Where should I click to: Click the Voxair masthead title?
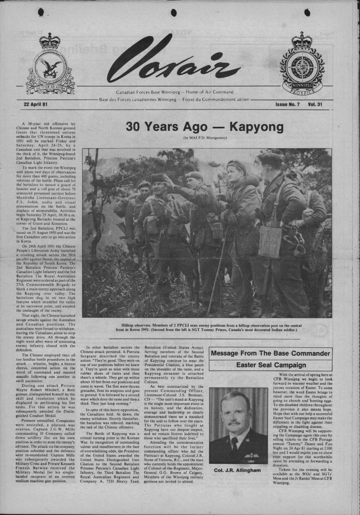(173, 62)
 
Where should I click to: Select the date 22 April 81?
(35, 104)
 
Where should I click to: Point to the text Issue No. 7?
(288, 104)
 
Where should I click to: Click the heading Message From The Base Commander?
(270, 354)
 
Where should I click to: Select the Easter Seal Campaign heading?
(270, 365)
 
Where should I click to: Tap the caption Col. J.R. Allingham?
(238, 471)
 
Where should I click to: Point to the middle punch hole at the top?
(174, 12)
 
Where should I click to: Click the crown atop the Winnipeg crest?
(302, 40)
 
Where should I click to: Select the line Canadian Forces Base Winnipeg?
(175, 92)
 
